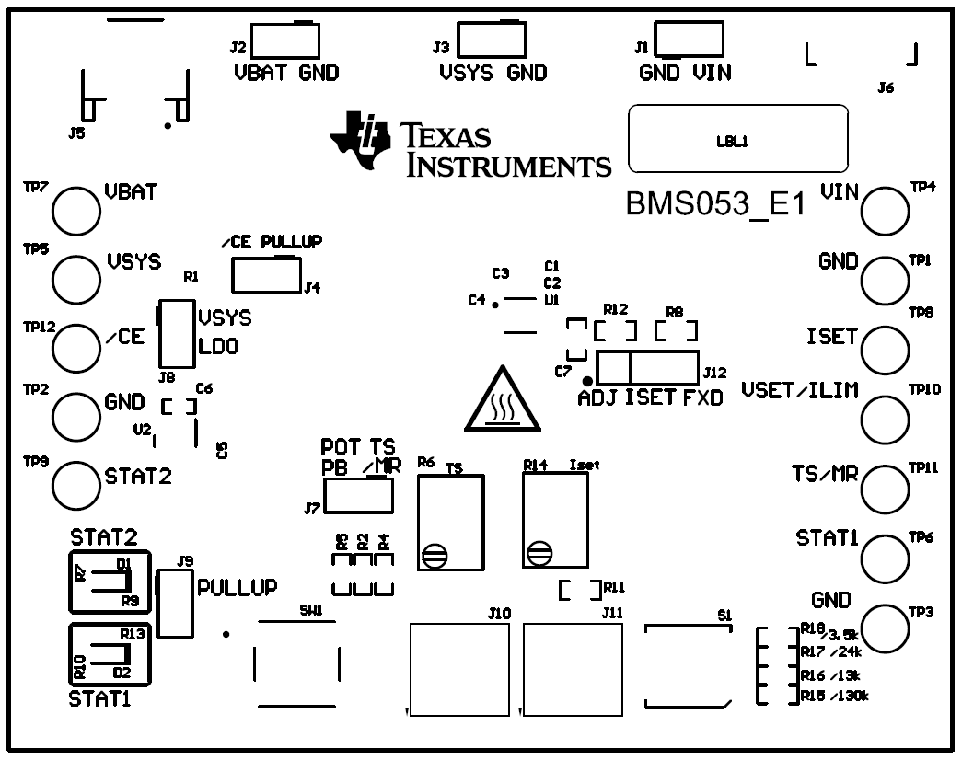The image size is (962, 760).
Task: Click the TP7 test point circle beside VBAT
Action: click(75, 210)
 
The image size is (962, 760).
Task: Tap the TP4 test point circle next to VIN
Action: click(886, 210)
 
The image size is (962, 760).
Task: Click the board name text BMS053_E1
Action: click(715, 203)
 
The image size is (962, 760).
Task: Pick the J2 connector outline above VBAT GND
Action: click(285, 40)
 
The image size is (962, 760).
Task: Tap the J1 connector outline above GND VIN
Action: click(690, 40)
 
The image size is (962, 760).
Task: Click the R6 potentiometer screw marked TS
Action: click(434, 555)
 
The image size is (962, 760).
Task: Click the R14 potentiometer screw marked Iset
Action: click(539, 554)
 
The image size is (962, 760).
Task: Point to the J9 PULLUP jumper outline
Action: click(174, 603)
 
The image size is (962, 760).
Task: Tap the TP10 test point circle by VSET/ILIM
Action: click(886, 419)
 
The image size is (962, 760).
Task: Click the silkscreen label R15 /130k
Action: click(834, 695)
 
